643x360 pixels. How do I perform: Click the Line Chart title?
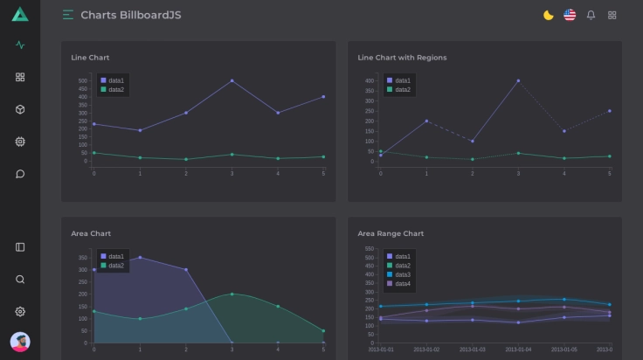click(90, 58)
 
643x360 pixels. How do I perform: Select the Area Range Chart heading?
click(391, 233)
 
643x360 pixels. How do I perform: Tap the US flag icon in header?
click(570, 15)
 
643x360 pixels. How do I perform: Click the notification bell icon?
click(591, 15)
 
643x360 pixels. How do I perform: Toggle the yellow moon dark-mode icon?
click(548, 15)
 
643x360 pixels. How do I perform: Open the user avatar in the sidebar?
click(20, 341)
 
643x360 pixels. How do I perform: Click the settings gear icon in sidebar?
click(20, 311)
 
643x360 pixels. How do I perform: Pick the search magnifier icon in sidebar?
click(20, 280)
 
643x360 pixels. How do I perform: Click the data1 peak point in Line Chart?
click(232, 80)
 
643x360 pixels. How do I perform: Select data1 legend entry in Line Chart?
click(113, 80)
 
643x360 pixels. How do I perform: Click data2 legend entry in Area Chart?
click(113, 266)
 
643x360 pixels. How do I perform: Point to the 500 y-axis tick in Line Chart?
click(82, 80)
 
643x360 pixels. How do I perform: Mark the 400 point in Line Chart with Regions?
click(518, 80)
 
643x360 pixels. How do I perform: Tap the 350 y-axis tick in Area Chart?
click(83, 258)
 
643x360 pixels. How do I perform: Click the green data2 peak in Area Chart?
click(232, 294)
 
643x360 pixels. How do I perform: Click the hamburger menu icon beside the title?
click(68, 15)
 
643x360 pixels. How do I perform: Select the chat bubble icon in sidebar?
click(20, 173)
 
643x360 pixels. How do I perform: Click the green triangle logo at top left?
click(20, 14)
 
